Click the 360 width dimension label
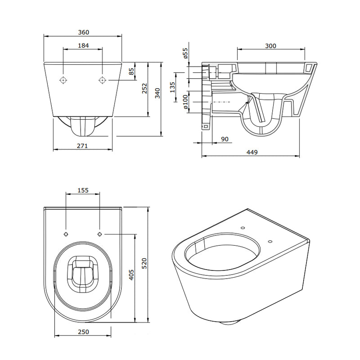[83, 32]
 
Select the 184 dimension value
[83, 46]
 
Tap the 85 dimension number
[131, 72]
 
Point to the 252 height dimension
[144, 88]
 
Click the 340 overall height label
[157, 93]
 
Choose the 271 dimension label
[82, 146]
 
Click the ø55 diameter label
[185, 53]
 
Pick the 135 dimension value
[172, 87]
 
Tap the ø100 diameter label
[185, 102]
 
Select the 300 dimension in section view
[271, 46]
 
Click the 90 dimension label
[225, 139]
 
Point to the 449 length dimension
[252, 152]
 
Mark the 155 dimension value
[83, 190]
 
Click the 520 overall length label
[144, 263]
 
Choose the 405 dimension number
[131, 275]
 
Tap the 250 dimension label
[83, 332]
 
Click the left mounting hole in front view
[63, 80]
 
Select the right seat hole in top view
[99, 234]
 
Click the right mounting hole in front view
[103, 80]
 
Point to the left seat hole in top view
[66, 234]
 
